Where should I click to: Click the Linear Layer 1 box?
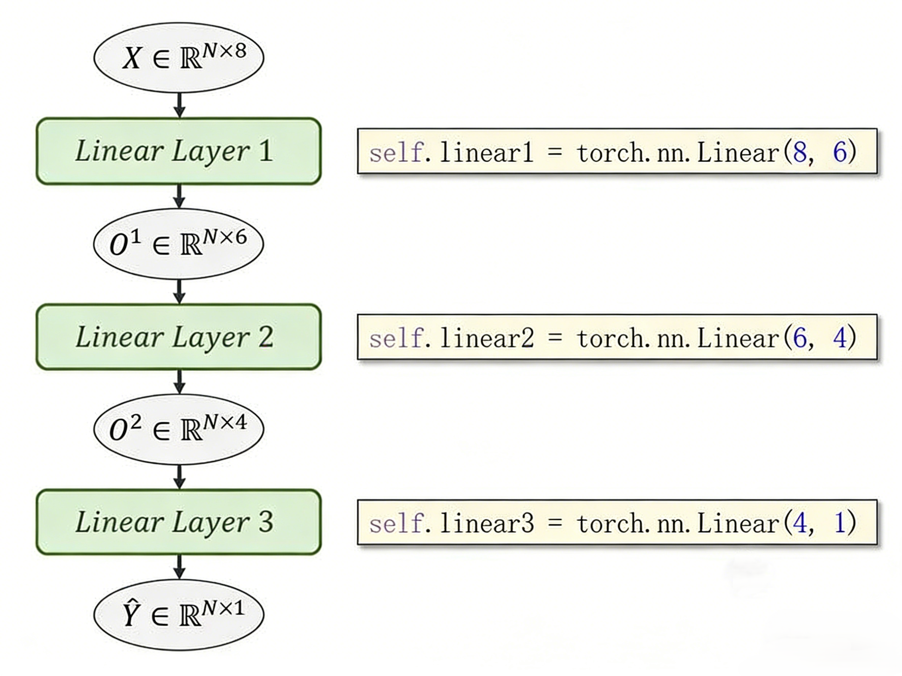point(179,151)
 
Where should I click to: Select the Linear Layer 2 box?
point(179,337)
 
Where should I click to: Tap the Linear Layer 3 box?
point(179,522)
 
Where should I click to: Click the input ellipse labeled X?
point(179,58)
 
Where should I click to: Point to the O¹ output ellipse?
point(179,244)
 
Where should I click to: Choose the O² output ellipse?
point(179,429)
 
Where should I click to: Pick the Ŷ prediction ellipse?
point(179,615)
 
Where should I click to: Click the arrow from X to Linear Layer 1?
point(179,105)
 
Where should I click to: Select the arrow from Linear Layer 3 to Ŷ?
point(179,567)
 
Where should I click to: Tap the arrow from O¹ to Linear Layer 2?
point(179,291)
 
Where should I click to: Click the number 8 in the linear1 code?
point(800,152)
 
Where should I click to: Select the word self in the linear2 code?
point(396,338)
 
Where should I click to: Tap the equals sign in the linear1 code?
point(554,152)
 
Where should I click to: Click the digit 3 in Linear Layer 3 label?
point(266,522)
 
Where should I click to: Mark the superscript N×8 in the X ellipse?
point(225,51)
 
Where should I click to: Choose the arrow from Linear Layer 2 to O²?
point(179,382)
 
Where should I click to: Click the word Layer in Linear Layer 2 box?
point(211,338)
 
